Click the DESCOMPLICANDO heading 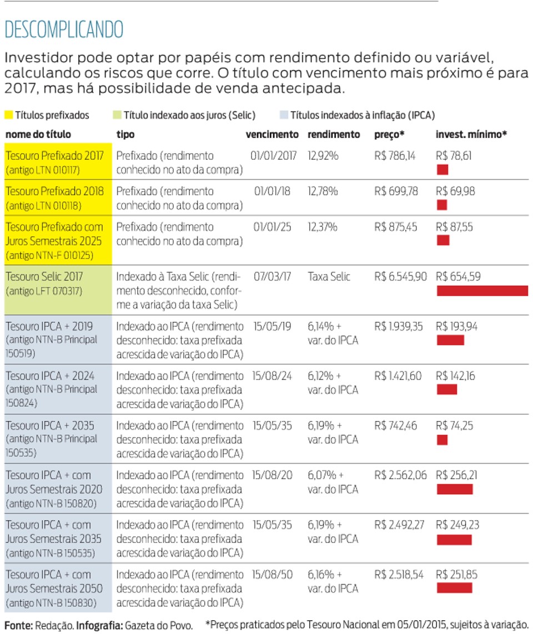coord(64,29)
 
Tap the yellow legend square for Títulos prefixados coord(8,115)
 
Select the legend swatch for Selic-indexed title coord(117,115)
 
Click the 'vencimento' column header coord(272,135)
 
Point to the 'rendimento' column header coord(334,135)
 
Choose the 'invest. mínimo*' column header coord(471,135)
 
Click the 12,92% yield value coord(323,156)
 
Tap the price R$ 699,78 coord(396,191)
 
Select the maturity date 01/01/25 coord(273,227)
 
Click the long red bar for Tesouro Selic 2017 coord(482,291)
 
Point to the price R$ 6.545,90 coord(400,277)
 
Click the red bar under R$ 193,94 coord(450,340)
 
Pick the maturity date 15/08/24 coord(272,376)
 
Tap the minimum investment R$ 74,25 coord(455,426)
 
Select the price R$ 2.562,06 coord(400,475)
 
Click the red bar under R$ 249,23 coord(454,539)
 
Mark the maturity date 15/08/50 coord(272,575)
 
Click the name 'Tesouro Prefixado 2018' coord(54,191)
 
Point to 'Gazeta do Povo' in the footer coord(159,626)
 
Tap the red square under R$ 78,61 coord(443,170)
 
